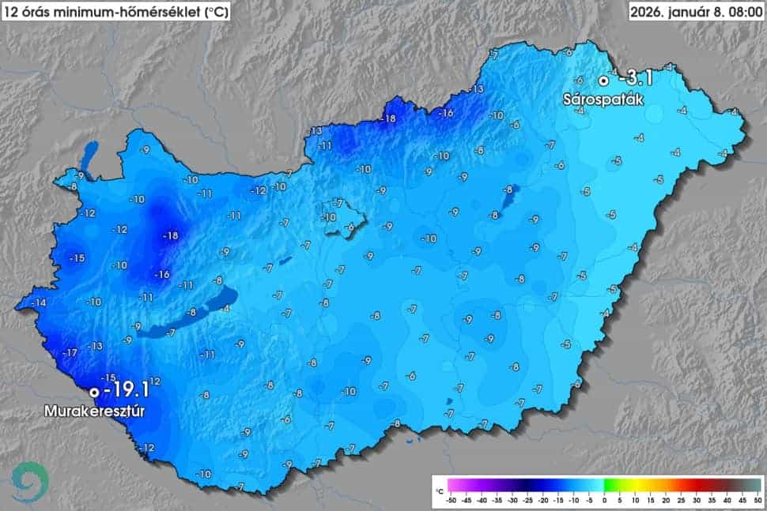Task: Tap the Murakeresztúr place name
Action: pos(99,411)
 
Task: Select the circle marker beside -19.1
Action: pos(94,391)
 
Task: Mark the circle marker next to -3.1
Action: pos(603,80)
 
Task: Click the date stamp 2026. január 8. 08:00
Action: pos(696,11)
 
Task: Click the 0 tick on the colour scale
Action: pos(604,500)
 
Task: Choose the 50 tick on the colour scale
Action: pos(756,500)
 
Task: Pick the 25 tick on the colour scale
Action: pos(680,500)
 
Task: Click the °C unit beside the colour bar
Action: pos(439,490)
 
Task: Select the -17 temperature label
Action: pos(70,352)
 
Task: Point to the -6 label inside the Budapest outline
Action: pos(349,227)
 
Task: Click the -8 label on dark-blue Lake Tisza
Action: pos(508,190)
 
